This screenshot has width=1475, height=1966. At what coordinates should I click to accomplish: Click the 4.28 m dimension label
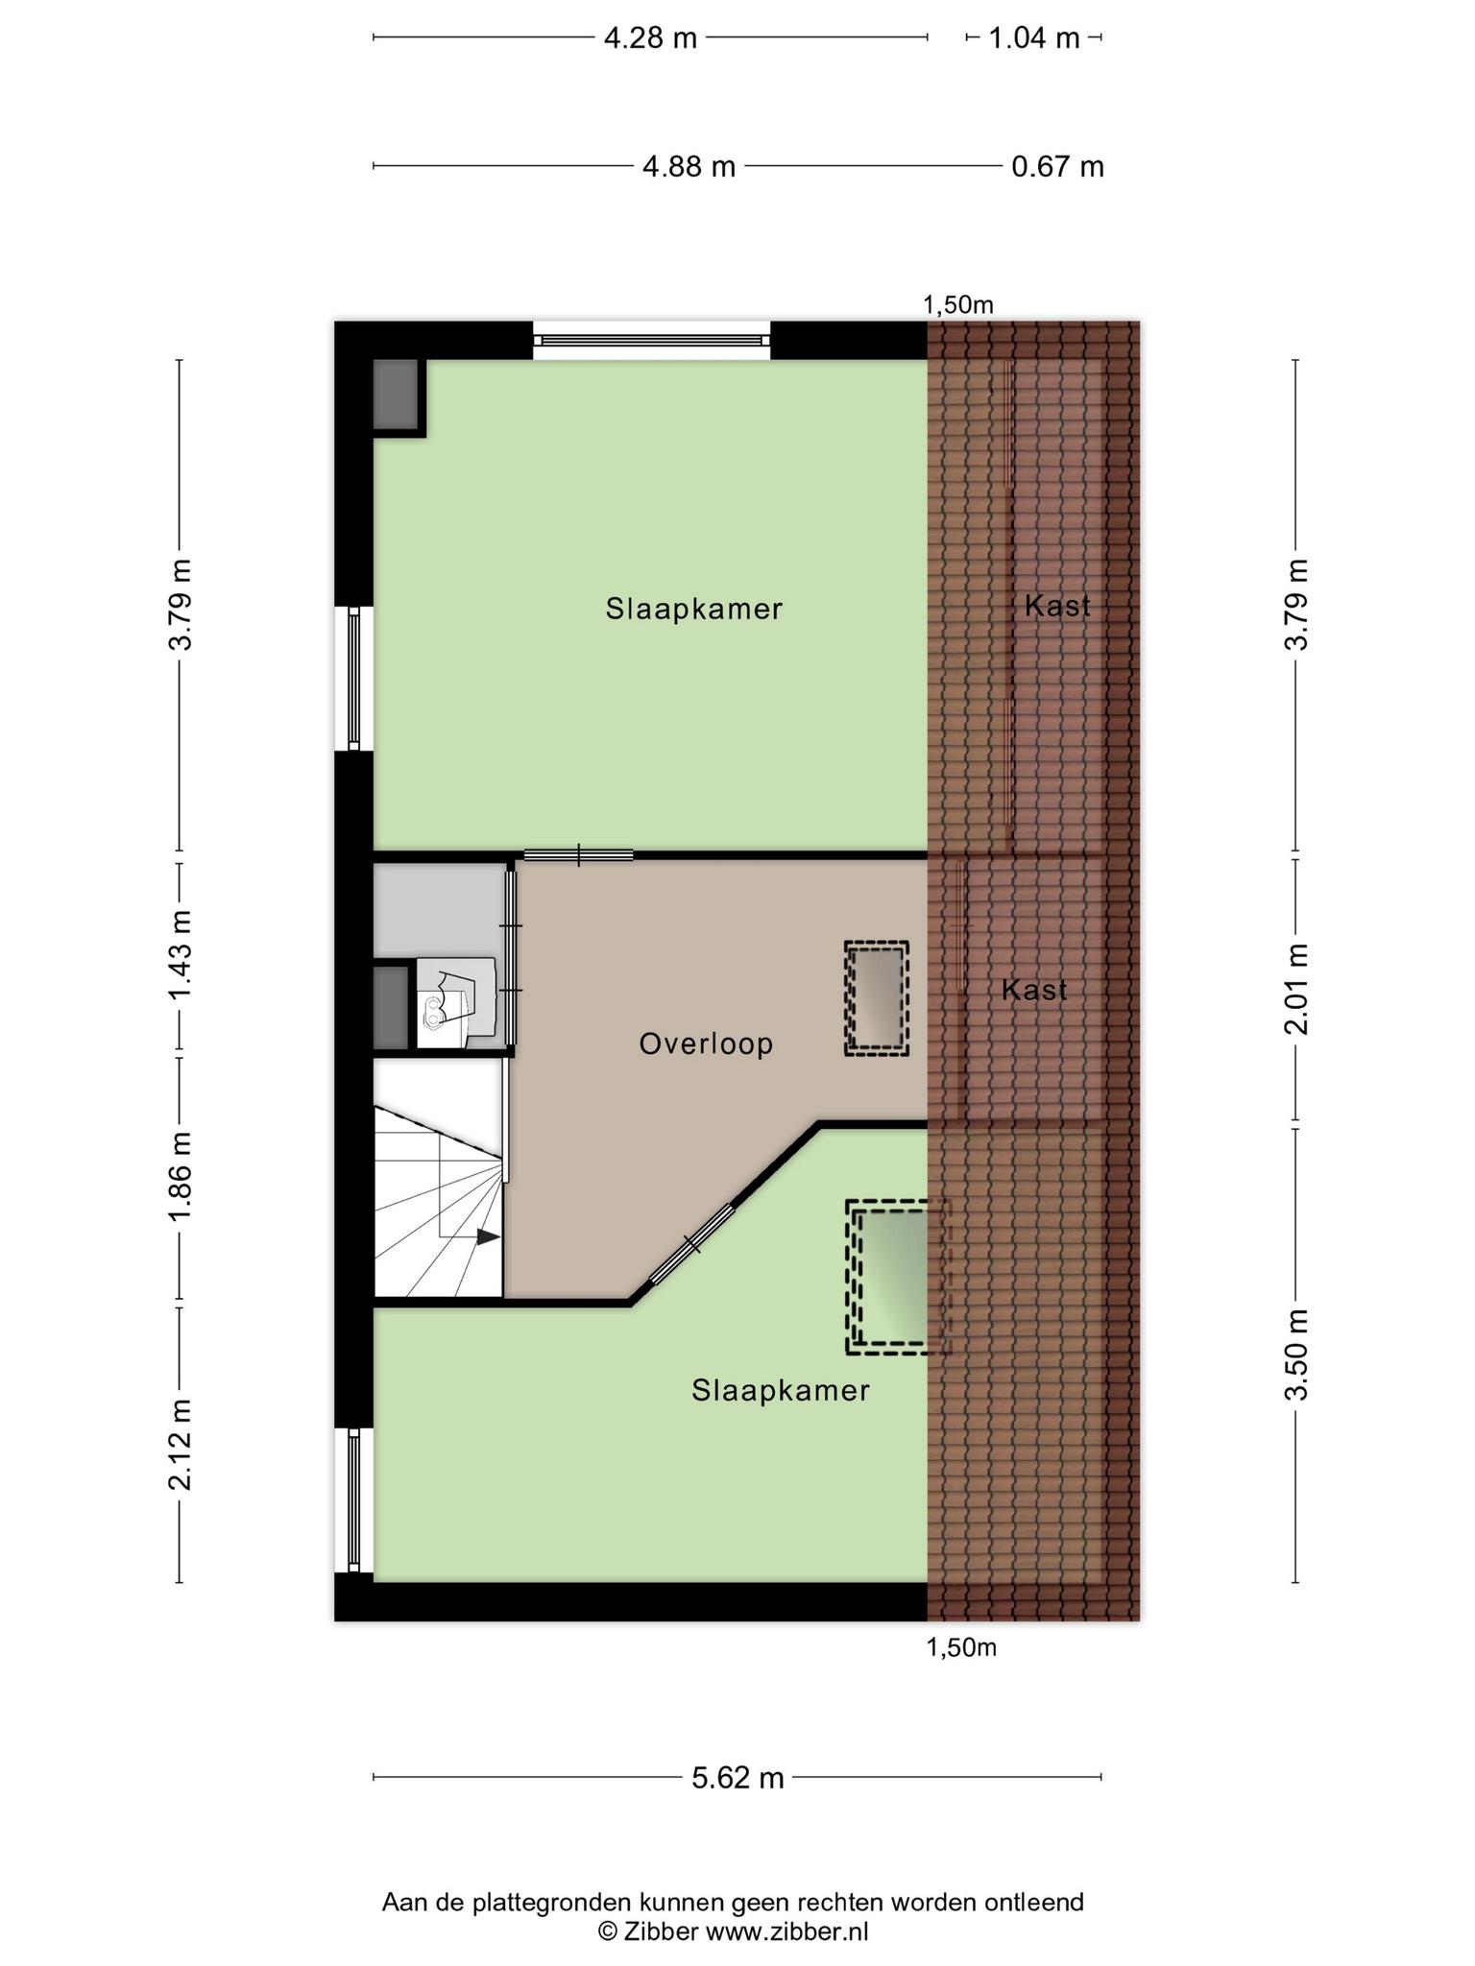(x=650, y=38)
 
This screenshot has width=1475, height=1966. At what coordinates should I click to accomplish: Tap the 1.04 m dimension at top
(x=1034, y=38)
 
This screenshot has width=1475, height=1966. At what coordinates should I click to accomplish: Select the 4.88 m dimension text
(x=689, y=167)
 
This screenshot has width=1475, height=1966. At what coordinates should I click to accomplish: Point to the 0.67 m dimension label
(x=1057, y=167)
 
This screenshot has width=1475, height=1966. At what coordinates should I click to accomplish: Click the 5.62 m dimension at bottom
(x=737, y=1778)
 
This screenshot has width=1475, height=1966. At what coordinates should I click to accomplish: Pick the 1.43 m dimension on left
(x=181, y=954)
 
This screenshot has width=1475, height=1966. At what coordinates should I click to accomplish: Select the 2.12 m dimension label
(x=181, y=1444)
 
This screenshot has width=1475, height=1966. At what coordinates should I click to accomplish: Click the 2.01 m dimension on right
(x=1296, y=989)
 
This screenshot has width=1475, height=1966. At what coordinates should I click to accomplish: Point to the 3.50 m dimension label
(x=1296, y=1355)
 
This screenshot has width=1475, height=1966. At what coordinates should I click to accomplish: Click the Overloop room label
(x=706, y=1043)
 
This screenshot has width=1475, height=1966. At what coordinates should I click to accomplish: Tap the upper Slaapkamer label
(x=693, y=609)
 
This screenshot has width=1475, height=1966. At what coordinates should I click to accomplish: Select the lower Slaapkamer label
(x=780, y=1390)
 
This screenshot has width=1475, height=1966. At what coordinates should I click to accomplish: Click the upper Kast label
(x=1057, y=606)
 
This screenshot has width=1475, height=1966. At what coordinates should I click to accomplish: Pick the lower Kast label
(x=1034, y=990)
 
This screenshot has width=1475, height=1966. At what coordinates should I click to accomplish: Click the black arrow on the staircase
(x=488, y=1237)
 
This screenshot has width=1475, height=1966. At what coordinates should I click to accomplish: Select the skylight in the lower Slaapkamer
(x=897, y=1277)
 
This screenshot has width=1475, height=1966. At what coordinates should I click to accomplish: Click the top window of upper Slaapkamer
(x=652, y=340)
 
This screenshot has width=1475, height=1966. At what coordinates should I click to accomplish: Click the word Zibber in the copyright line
(x=661, y=1931)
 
